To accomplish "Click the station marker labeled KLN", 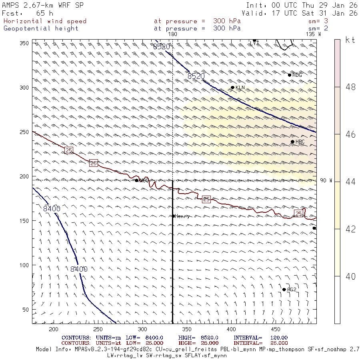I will tap(232, 88).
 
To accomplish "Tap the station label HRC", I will tap(300, 142).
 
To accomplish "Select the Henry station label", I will tap(182, 216).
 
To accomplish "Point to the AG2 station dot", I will tap(284, 290).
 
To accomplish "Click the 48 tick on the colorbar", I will tap(350, 87).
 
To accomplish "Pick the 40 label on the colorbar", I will tap(350, 276).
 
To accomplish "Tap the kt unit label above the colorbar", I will tap(350, 40).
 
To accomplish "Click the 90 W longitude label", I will tap(326, 181).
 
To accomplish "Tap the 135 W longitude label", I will tap(313, 34).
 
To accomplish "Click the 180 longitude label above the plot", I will tap(172, 34).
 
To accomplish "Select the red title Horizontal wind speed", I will tap(45, 21).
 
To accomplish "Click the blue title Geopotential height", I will tap(41, 28).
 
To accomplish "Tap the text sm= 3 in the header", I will tap(318, 21).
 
